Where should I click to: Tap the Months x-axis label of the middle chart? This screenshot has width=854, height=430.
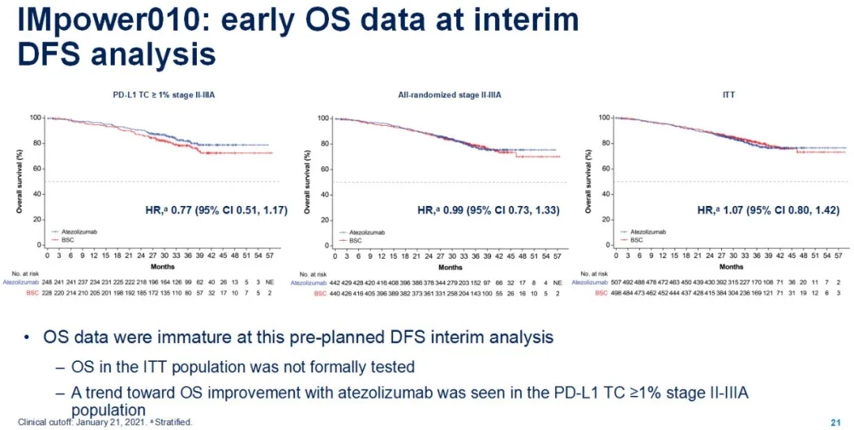440,134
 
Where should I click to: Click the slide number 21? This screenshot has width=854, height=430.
836,421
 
